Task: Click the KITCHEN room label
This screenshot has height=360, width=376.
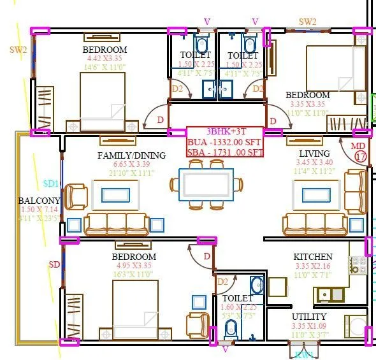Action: pyautogui.click(x=312, y=257)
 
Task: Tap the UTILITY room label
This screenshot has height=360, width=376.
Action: pyautogui.click(x=309, y=317)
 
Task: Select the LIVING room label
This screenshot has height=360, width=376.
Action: pyautogui.click(x=314, y=154)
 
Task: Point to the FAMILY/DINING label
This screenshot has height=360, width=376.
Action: pyautogui.click(x=131, y=155)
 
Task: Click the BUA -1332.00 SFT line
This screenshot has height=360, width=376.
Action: pyautogui.click(x=224, y=142)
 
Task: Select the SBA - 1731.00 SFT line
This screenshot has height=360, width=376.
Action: pyautogui.click(x=224, y=152)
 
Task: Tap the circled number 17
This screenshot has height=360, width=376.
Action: pyautogui.click(x=361, y=155)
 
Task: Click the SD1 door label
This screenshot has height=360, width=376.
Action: pyautogui.click(x=51, y=184)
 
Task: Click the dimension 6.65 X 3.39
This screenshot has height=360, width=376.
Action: pyautogui.click(x=131, y=164)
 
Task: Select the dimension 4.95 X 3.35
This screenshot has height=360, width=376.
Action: pyautogui.click(x=133, y=266)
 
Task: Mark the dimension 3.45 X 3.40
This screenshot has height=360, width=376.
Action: pyautogui.click(x=314, y=162)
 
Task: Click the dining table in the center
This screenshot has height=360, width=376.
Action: pyautogui.click(x=206, y=185)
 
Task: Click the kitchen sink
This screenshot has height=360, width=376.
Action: pyautogui.click(x=331, y=294)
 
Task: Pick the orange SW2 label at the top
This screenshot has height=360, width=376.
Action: pyautogui.click(x=308, y=22)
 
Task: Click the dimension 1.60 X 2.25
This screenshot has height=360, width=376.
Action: pyautogui.click(x=238, y=306)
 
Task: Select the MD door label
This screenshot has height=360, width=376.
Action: pyautogui.click(x=358, y=146)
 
